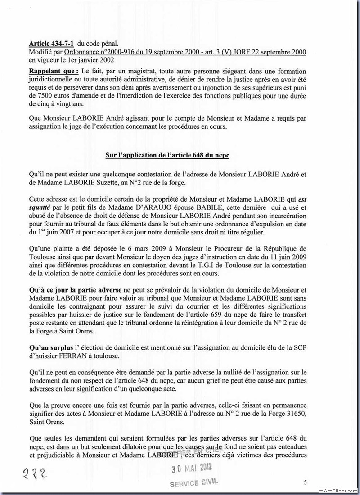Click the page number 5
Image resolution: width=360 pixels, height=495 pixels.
[x=305, y=482]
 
